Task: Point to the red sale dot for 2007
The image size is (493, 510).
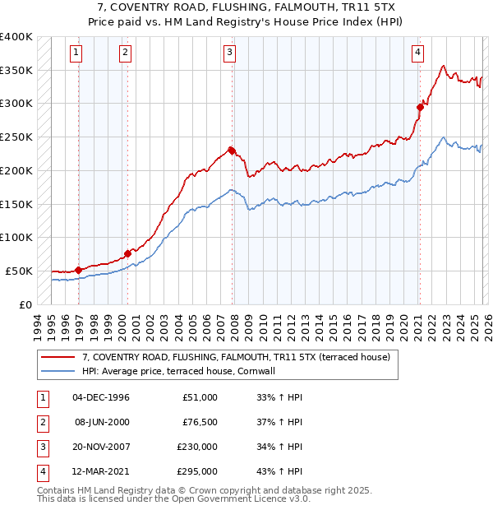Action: coord(232,150)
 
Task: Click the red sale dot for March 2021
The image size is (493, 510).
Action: coord(420,106)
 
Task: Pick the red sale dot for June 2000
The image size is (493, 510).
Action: coord(128,253)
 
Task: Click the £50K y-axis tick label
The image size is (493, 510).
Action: coord(20,271)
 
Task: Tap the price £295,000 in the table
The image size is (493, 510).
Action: coord(197,471)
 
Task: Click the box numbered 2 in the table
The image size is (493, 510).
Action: coord(40,422)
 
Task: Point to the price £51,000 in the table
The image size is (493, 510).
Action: coord(200,397)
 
